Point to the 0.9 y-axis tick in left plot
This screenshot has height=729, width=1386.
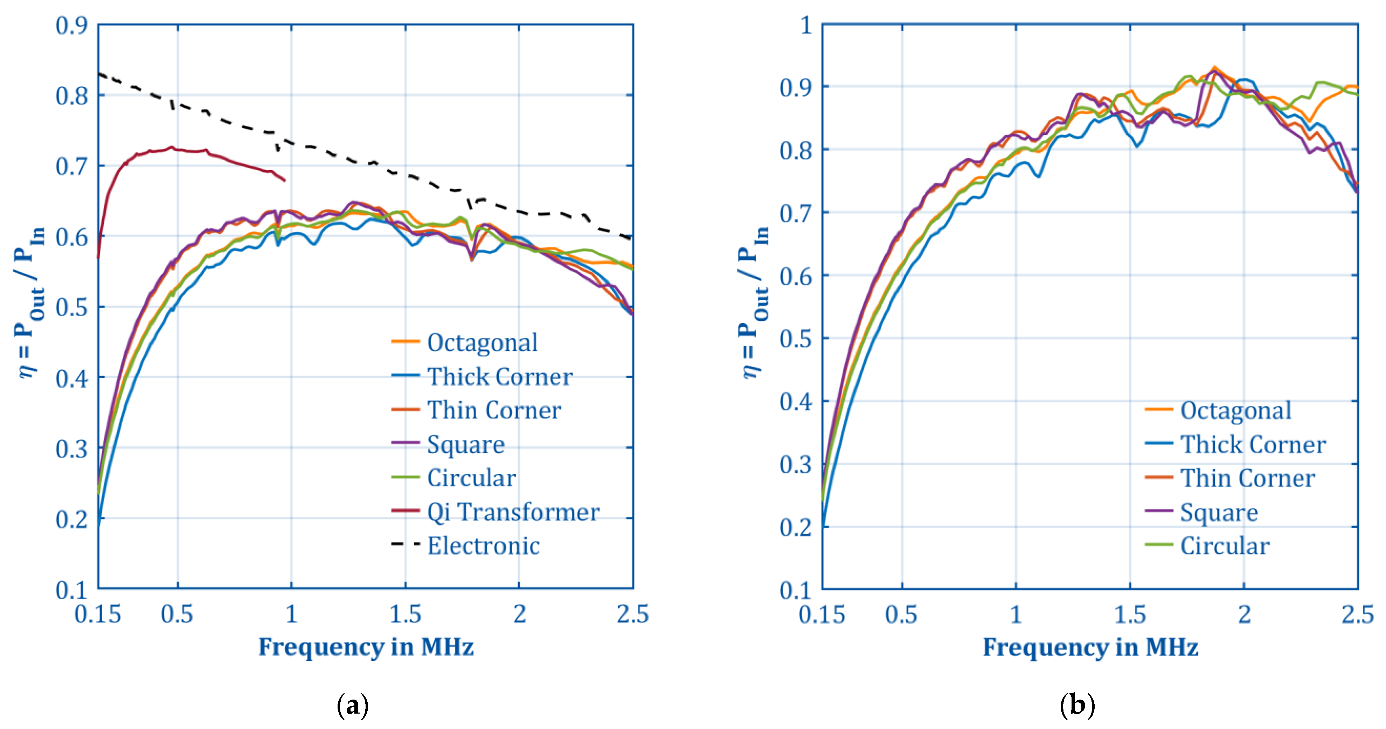[x=72, y=25]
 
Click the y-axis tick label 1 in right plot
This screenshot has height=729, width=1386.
[x=805, y=25]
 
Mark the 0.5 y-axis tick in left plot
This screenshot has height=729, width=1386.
[x=72, y=307]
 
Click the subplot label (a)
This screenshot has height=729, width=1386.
[x=352, y=705]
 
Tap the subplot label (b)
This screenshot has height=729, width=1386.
[x=1077, y=705]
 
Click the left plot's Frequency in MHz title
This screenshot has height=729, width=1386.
[x=366, y=647]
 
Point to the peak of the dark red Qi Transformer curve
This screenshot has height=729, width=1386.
[x=172, y=146]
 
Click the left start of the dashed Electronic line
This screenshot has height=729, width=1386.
[x=99, y=74]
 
